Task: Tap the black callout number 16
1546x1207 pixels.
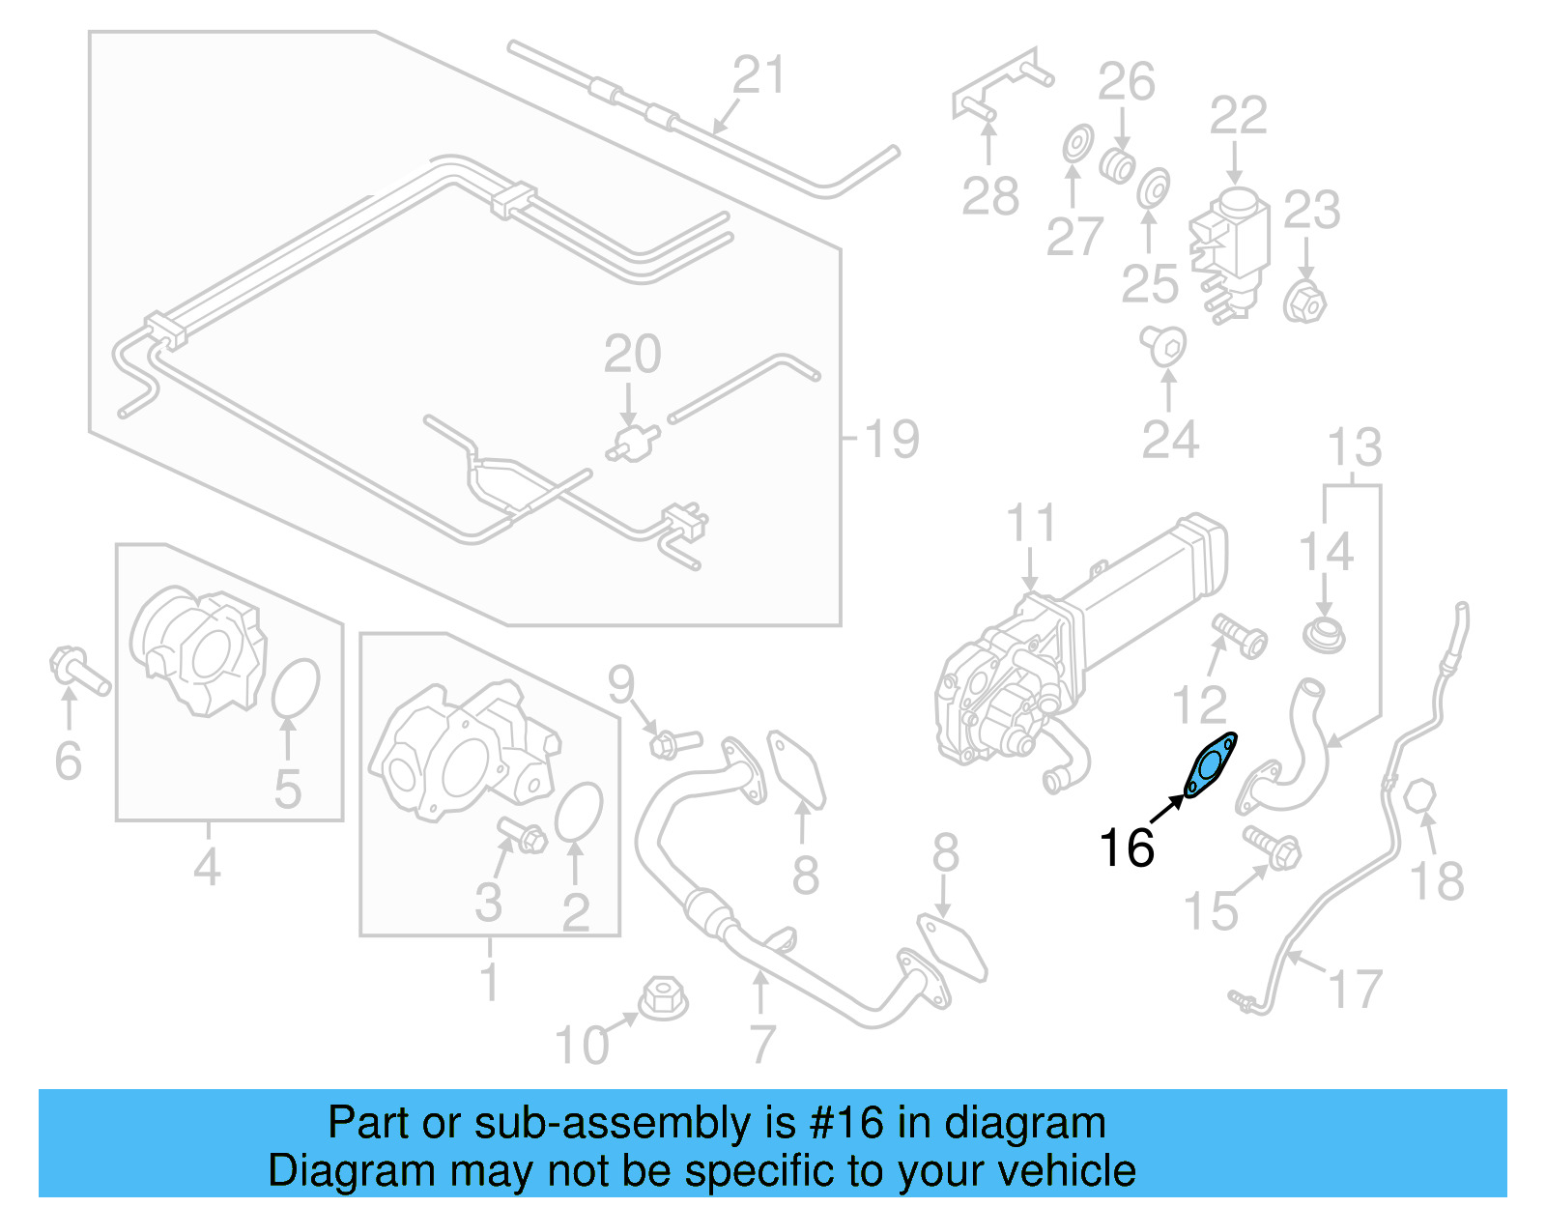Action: [1127, 848]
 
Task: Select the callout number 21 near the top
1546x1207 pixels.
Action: [759, 75]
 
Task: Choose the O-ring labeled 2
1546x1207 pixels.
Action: [579, 812]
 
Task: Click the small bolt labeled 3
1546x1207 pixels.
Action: [523, 834]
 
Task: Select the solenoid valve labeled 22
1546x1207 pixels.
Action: [1229, 249]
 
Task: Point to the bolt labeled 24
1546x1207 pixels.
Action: [1163, 345]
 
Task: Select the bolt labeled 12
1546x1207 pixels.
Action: [1238, 635]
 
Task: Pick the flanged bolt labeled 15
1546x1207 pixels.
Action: [1274, 848]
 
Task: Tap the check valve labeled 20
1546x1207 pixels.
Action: [633, 444]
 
